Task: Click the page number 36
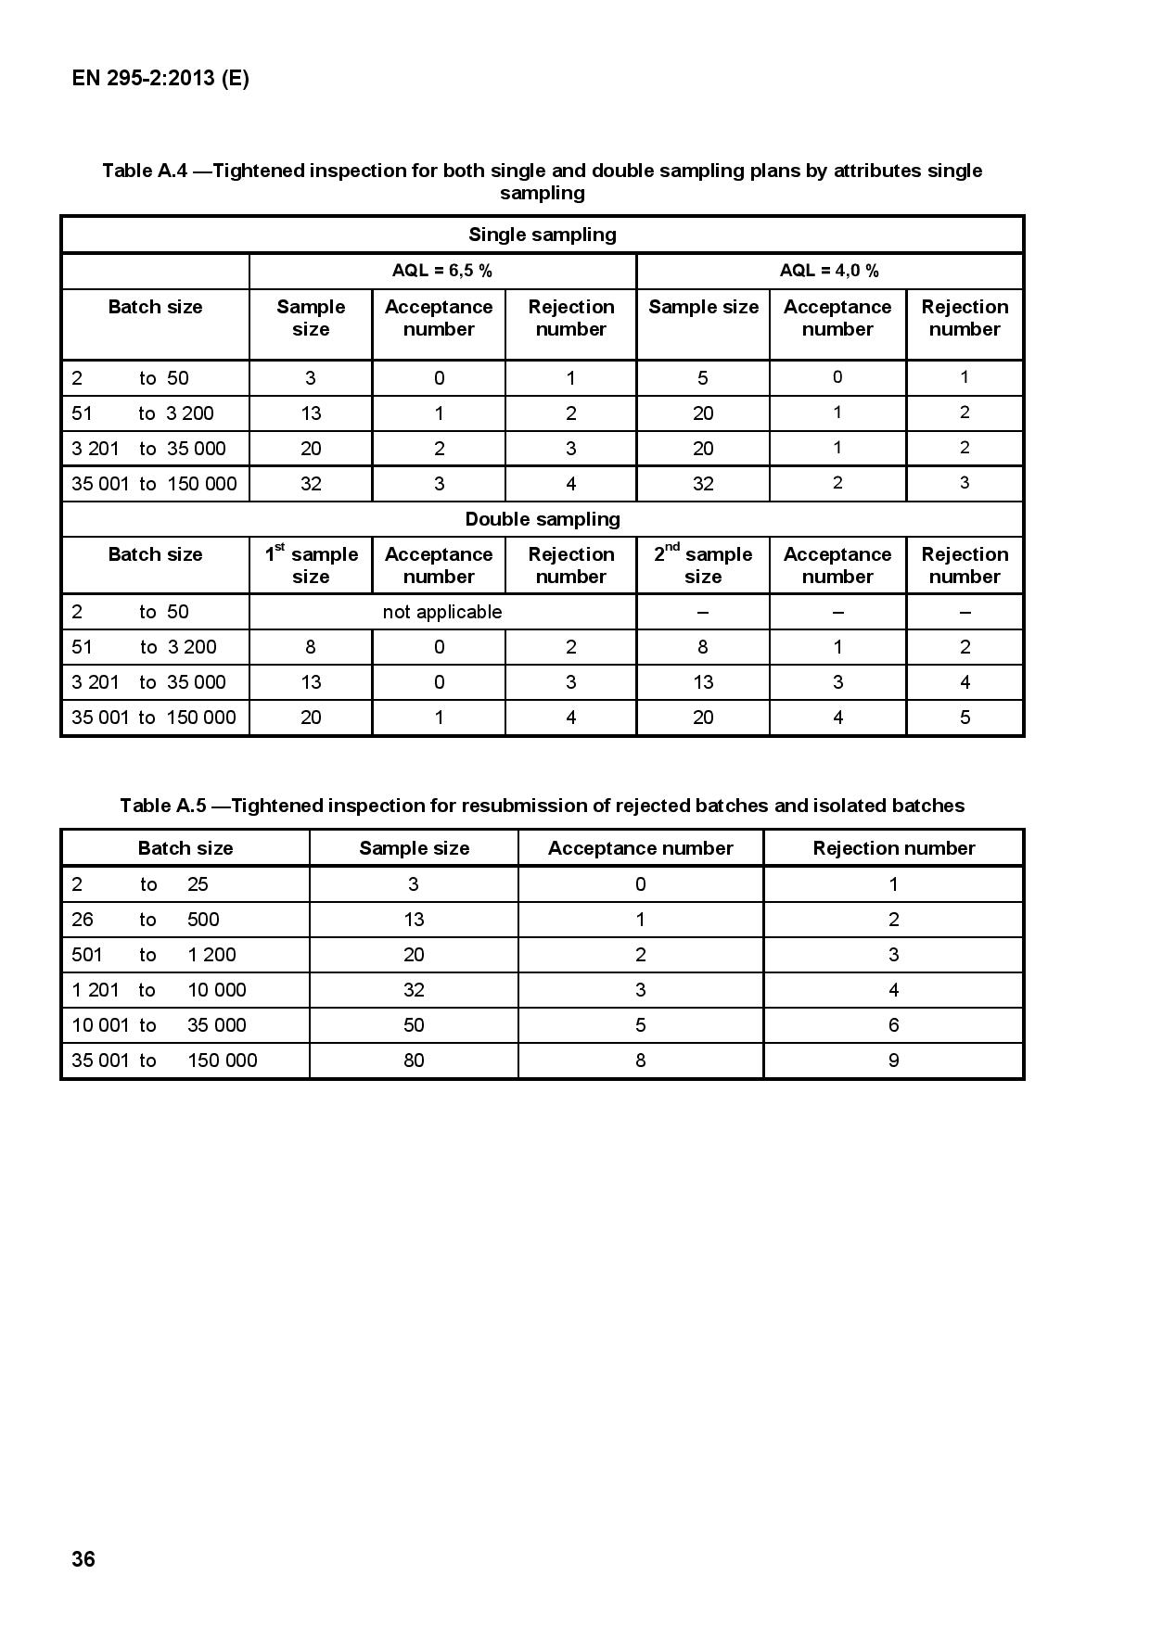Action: (x=83, y=1558)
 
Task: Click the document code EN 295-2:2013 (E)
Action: (x=160, y=78)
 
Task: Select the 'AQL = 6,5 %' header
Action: (x=442, y=271)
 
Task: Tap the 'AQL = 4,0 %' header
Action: (x=829, y=271)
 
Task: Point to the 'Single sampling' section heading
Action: (x=543, y=235)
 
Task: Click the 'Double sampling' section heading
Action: (x=543, y=519)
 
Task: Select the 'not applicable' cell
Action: (x=442, y=612)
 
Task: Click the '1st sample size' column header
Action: (x=311, y=565)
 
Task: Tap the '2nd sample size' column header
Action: (x=703, y=565)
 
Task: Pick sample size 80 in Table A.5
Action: (x=414, y=1061)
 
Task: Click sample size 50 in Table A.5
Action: (x=414, y=1025)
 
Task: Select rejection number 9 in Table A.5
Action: (x=893, y=1061)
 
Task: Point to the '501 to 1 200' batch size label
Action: (x=154, y=955)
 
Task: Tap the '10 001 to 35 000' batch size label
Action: (x=159, y=1025)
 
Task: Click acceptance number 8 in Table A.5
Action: (x=640, y=1061)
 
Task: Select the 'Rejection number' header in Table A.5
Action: (x=893, y=848)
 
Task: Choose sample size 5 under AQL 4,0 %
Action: (x=703, y=378)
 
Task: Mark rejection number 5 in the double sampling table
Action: (x=965, y=718)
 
